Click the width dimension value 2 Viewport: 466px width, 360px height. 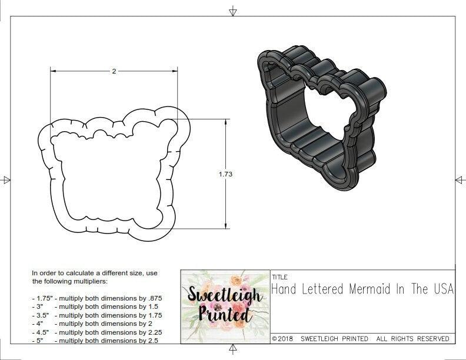[114, 71]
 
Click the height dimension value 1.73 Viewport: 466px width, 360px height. [225, 174]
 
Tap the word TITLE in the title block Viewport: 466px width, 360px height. [279, 276]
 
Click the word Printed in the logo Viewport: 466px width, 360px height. [225, 314]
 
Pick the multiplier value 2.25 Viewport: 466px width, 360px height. [151, 332]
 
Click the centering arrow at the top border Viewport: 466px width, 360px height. [233, 11]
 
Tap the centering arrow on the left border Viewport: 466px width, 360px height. [6, 180]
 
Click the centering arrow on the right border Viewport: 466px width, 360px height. [460, 180]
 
